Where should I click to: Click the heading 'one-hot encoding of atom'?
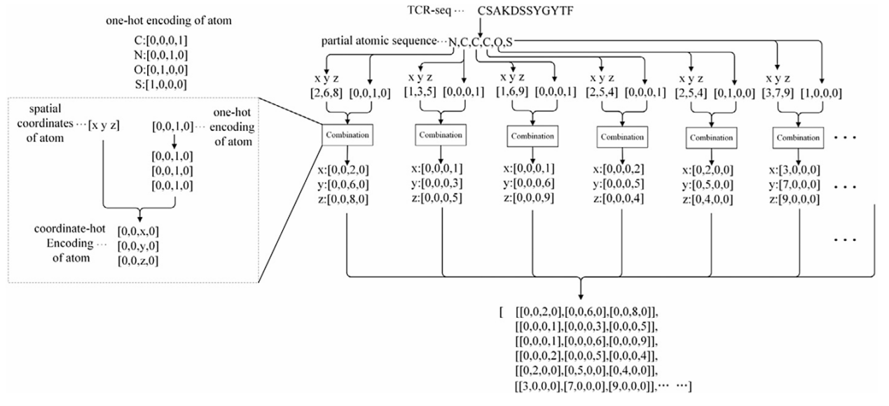169,21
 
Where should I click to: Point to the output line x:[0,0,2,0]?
343,170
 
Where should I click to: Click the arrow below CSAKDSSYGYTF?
480,24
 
